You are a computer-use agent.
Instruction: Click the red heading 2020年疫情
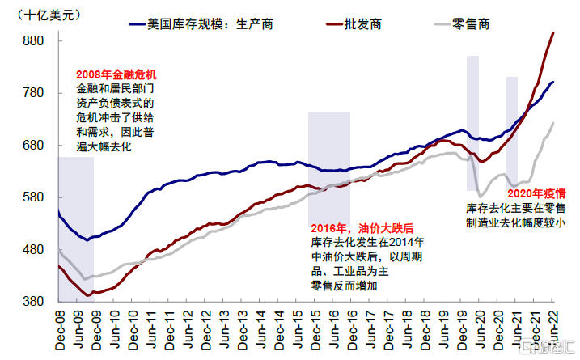[536, 193]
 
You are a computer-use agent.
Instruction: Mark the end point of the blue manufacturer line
[553, 82]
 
